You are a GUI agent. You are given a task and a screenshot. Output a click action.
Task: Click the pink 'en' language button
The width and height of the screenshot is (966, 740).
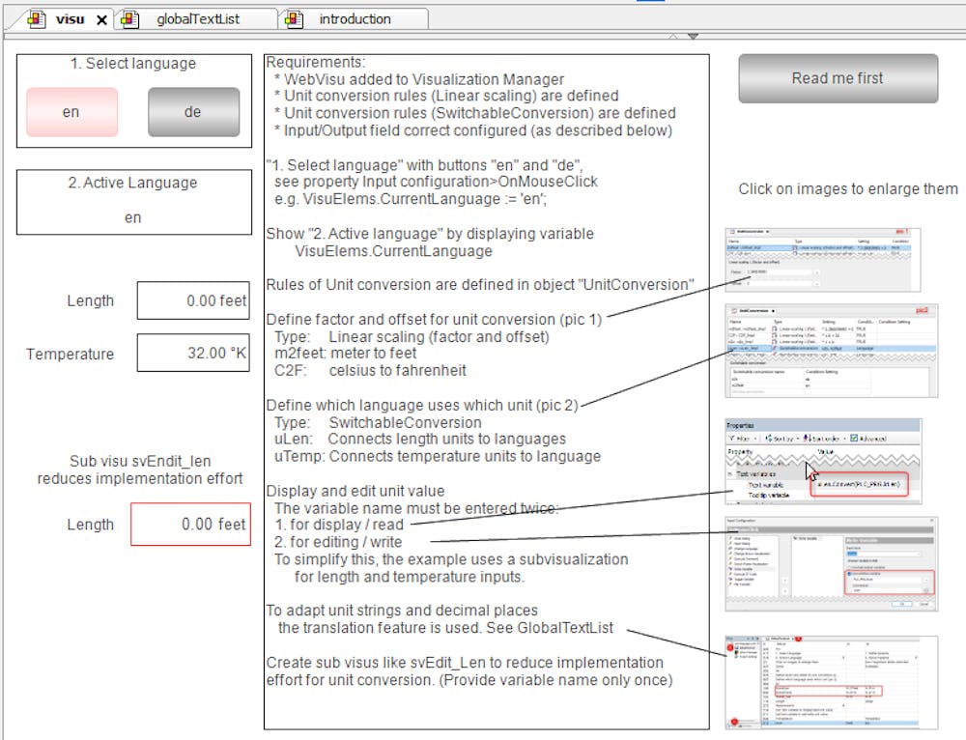[71, 112]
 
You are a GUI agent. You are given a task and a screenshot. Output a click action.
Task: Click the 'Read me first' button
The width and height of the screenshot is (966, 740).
[838, 78]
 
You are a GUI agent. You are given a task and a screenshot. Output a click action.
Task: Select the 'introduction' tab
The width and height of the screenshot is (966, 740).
[355, 18]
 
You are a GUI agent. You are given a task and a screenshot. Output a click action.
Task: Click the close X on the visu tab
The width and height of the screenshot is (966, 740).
[101, 19]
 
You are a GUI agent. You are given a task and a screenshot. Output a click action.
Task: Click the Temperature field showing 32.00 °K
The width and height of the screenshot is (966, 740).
[194, 354]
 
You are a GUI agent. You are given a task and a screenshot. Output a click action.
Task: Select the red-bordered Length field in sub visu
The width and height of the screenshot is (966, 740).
[190, 525]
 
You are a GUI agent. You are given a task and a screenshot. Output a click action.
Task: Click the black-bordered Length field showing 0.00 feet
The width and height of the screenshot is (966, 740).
[194, 300]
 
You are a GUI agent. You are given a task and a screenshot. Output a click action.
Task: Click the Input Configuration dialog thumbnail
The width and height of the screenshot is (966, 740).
[831, 563]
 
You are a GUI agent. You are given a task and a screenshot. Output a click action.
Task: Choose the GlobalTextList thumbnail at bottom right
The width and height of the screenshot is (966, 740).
[831, 682]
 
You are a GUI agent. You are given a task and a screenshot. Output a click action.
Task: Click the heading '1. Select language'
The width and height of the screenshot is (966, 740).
[132, 64]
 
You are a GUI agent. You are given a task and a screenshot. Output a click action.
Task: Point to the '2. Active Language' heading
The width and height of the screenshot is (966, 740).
[132, 183]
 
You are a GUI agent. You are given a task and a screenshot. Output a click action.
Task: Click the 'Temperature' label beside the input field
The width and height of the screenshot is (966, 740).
[70, 354]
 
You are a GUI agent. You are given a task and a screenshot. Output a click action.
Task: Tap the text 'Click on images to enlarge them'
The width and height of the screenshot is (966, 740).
[847, 189]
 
